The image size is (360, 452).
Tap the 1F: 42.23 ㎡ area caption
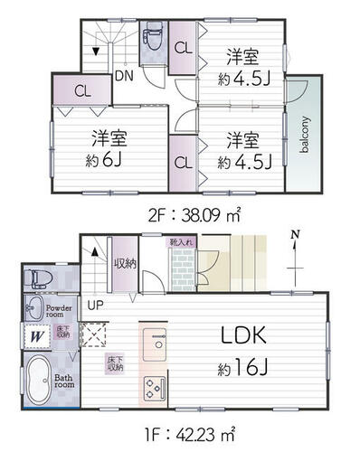[x=180, y=432]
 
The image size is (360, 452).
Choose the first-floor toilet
[x=38, y=277]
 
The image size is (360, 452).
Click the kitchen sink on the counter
[x=154, y=344]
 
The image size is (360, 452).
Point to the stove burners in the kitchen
[x=154, y=387]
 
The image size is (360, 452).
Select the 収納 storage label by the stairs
[x=125, y=264]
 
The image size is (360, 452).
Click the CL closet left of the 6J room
[x=81, y=90]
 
